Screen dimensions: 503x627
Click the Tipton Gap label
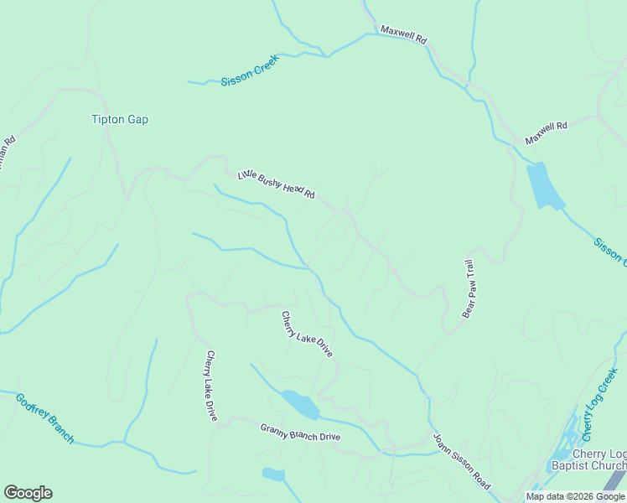(120, 120)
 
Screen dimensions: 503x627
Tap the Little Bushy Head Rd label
(276, 184)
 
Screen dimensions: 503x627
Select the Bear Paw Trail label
(470, 288)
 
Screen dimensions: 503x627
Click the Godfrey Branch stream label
(44, 417)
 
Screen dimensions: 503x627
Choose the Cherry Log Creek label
(600, 404)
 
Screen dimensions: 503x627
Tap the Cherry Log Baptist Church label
(588, 459)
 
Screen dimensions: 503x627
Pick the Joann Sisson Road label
(461, 462)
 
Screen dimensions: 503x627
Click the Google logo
(28, 493)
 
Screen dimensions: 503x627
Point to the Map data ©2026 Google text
(575, 496)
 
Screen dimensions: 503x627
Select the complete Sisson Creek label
(250, 70)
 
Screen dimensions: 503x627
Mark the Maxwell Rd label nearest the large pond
(547, 132)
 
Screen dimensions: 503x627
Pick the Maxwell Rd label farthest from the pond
(404, 34)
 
